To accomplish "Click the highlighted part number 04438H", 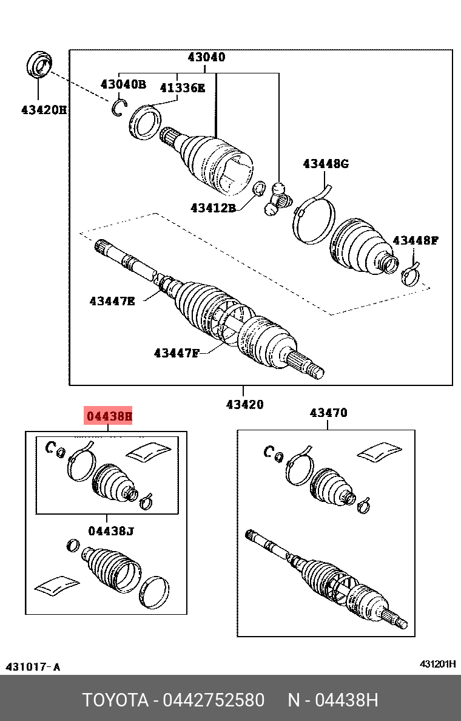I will (x=109, y=416).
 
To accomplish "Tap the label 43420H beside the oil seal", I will (x=44, y=110).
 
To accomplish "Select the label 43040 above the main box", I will (x=206, y=58).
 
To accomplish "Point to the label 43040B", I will (x=123, y=84).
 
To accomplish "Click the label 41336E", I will (x=183, y=88).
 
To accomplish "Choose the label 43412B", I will (x=212, y=208).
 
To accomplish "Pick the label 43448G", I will (x=326, y=163).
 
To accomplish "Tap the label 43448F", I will (x=415, y=240).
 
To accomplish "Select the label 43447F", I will (x=177, y=353).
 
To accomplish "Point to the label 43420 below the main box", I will (x=245, y=404).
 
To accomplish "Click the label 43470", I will (x=328, y=413).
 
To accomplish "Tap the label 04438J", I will (x=110, y=531).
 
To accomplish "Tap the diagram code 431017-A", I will (x=33, y=667).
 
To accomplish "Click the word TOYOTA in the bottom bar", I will (x=116, y=700).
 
